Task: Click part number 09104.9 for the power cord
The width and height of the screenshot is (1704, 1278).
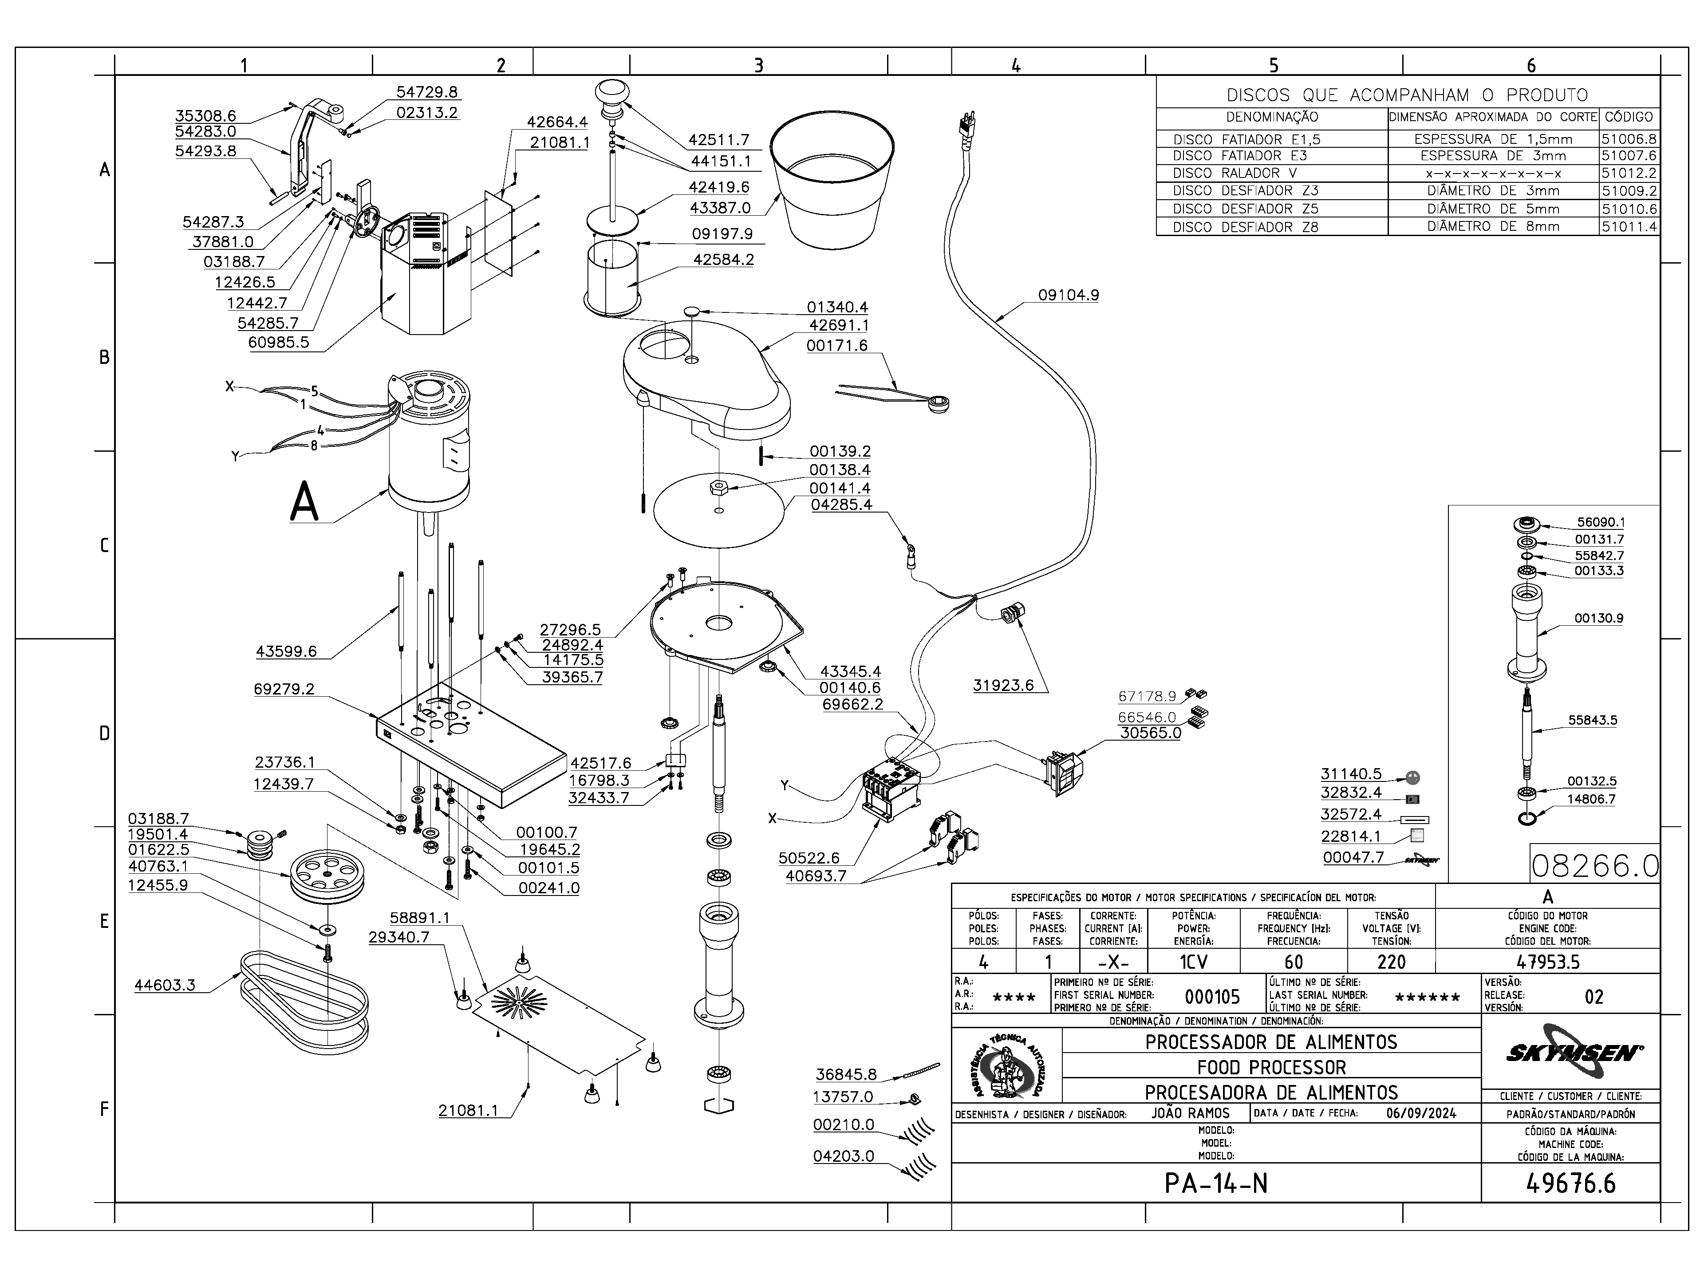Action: (x=1069, y=295)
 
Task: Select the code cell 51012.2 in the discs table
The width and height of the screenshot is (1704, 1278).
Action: (x=1629, y=174)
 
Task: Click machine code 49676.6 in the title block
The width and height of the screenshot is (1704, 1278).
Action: (x=1571, y=1183)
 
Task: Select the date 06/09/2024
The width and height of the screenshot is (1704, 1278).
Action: (x=1421, y=1113)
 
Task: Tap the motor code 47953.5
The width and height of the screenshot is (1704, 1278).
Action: (x=1548, y=962)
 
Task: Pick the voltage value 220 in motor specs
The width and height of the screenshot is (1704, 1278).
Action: (x=1391, y=962)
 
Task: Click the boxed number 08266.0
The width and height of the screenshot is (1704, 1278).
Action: (x=1594, y=866)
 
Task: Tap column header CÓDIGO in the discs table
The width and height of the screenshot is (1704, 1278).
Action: (x=1629, y=117)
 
